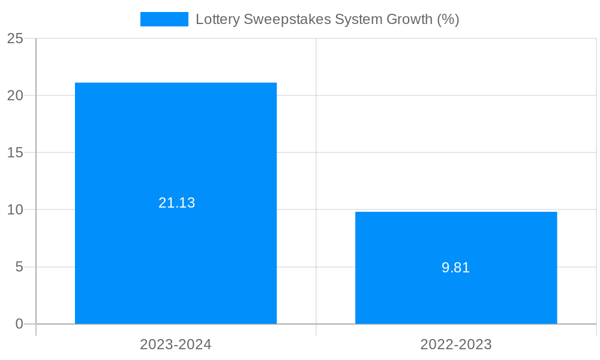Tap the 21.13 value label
pos(177,203)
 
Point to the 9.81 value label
pos(456,268)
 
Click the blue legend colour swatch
pos(164,19)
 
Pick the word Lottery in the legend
pos(217,19)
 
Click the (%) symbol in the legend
pos(448,19)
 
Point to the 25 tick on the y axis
pos(15,38)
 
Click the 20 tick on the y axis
pos(15,95)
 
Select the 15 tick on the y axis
pos(15,152)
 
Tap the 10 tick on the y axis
pos(15,210)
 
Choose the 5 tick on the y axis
pos(19,267)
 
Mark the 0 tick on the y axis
pos(19,324)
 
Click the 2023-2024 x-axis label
pos(176,344)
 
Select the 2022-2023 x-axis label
pos(456,344)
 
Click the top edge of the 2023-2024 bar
pos(176,83)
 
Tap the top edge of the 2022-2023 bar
pos(456,212)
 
